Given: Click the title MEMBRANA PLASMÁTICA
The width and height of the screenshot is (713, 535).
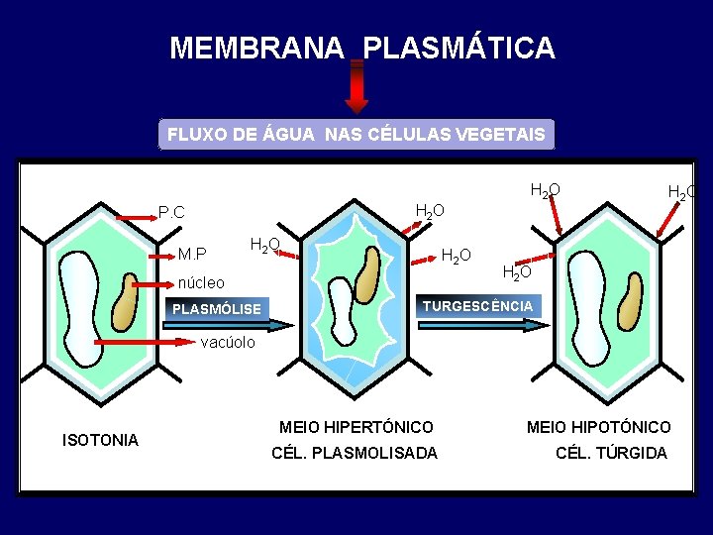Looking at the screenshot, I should coord(362,48).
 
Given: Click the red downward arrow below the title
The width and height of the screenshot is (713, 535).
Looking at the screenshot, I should coord(356,89).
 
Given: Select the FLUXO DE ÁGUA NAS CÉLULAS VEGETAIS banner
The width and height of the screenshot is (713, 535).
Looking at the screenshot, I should coord(356,135).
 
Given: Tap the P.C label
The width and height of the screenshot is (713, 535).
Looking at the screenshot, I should coord(172,212).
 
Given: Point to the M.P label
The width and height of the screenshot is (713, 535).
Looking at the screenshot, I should coord(192,255).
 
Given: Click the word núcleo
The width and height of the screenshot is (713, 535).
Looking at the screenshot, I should coord(201,282).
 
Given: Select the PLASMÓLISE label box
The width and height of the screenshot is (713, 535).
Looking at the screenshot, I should coord(217,309).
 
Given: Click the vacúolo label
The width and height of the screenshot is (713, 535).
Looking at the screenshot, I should coord(228,343).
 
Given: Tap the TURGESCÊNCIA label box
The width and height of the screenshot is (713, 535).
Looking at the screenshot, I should coord(477,306).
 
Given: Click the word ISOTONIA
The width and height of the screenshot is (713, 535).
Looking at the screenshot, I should coord(100,440).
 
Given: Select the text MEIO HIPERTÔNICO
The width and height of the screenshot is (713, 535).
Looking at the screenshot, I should coord(356,427).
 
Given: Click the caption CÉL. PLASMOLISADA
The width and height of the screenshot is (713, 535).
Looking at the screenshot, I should coord(354,453).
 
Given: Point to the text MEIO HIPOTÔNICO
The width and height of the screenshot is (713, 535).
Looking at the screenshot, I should coord(598,427).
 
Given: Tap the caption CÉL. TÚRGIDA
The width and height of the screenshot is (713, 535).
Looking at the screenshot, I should coord(611,453).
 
